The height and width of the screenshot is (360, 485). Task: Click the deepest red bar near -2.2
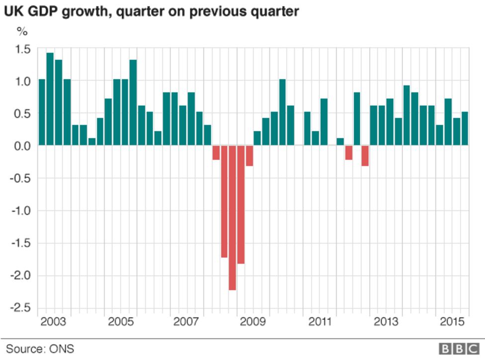point(232,218)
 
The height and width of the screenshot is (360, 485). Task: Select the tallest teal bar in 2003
point(50,99)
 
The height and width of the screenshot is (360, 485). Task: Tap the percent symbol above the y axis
point(22,32)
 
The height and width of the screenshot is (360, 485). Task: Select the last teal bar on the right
point(465,129)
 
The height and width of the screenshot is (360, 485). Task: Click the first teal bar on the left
point(42,112)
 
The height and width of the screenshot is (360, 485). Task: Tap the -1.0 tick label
point(21,211)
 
